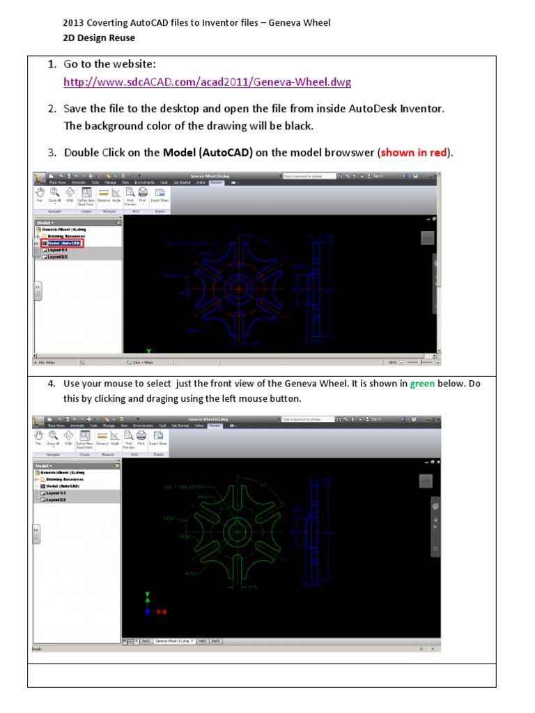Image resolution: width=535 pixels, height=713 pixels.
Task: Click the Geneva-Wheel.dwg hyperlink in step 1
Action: coord(207,82)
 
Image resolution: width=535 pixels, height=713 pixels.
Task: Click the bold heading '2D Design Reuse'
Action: coord(99,38)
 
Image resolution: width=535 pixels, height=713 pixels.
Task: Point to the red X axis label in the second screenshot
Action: coord(164,611)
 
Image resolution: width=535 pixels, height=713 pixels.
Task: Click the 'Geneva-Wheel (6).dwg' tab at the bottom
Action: coord(173,640)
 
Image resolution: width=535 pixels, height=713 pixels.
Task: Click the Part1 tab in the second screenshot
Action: coord(146,640)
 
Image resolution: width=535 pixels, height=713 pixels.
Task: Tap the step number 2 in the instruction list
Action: coord(52,109)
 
